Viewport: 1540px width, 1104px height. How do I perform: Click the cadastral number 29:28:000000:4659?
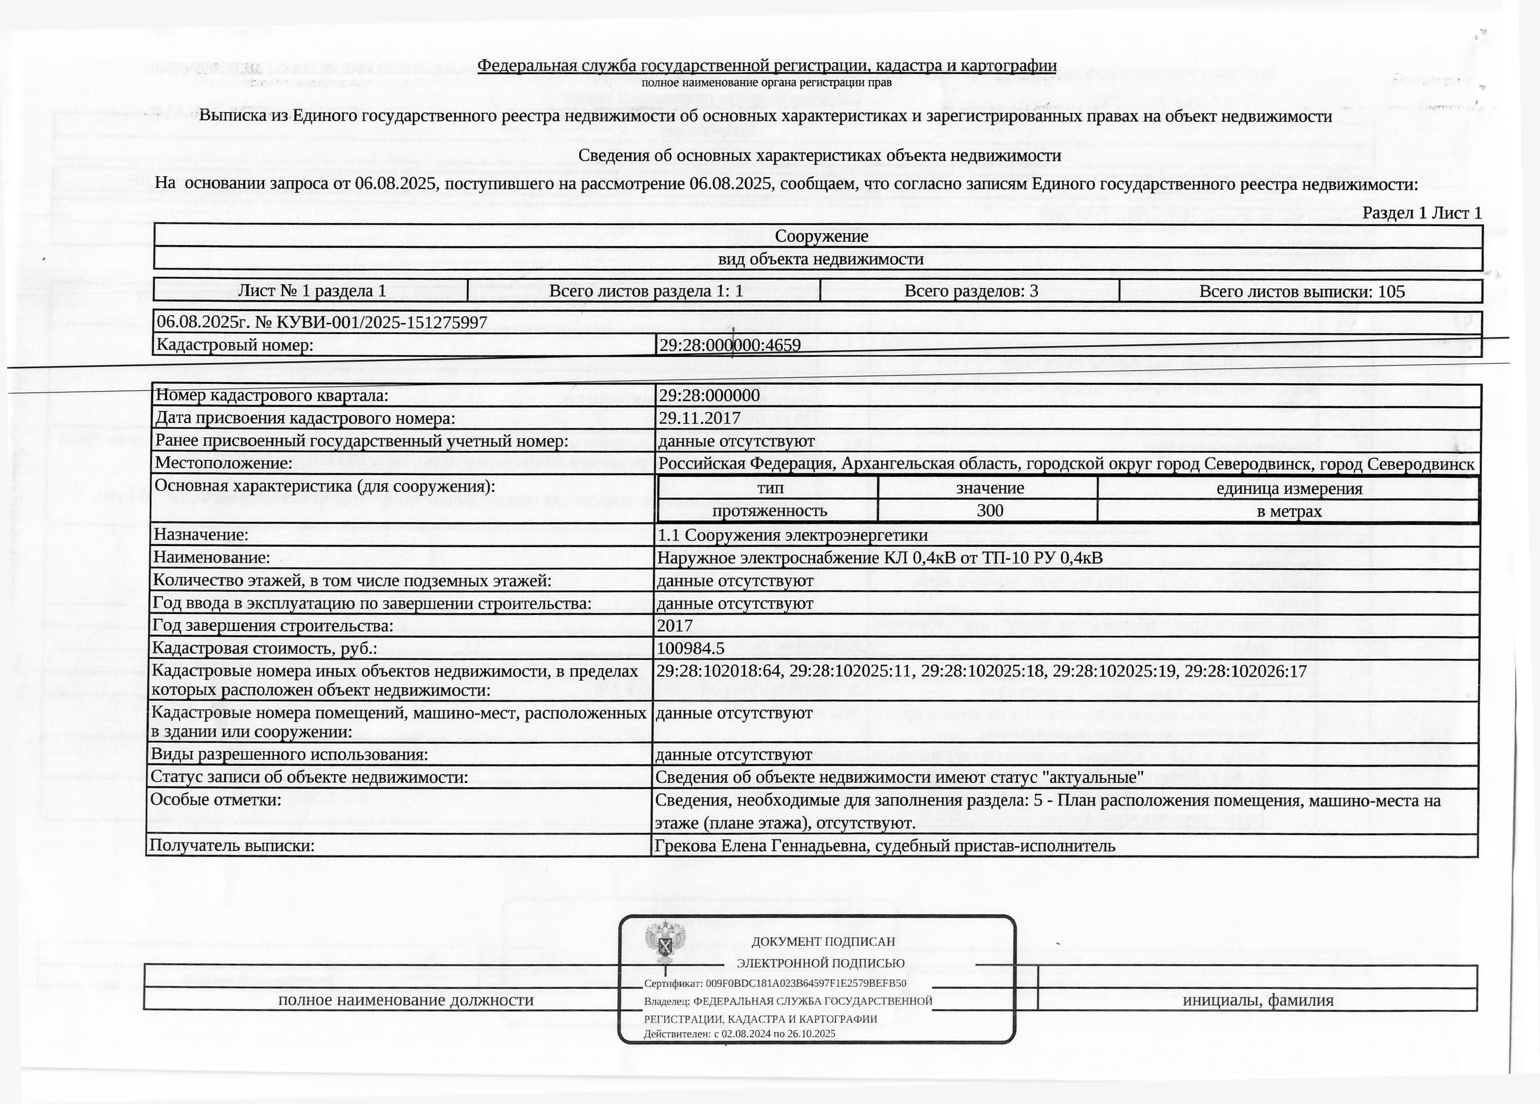[x=730, y=345]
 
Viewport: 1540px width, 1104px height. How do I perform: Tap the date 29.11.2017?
[x=699, y=418]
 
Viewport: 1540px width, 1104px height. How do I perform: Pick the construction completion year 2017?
[x=675, y=626]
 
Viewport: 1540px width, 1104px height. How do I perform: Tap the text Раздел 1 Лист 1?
[x=1422, y=214]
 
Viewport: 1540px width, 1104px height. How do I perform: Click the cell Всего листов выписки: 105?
[x=1302, y=291]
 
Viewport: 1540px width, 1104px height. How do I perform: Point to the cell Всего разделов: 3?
[x=971, y=291]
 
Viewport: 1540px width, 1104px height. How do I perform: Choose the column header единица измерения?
[x=1289, y=489]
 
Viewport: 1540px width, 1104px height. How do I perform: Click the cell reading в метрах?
[x=1289, y=511]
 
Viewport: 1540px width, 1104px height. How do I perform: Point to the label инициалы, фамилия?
[x=1258, y=1000]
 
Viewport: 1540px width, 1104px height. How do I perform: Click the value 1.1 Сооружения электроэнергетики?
[x=792, y=535]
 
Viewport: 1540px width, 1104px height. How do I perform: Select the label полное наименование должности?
[x=405, y=1000]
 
